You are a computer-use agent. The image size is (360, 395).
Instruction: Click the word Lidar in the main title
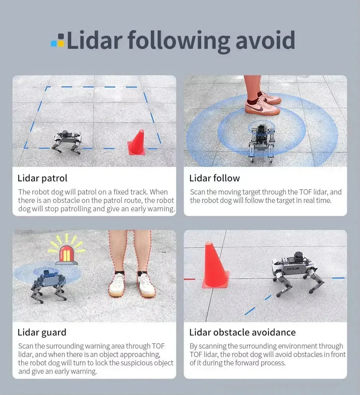click(95, 40)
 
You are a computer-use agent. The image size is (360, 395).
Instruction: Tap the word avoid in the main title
click(265, 40)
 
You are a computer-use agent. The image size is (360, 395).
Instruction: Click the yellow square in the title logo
click(61, 44)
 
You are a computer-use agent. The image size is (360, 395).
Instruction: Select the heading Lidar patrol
click(42, 178)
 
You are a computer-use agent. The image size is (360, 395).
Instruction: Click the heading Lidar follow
click(214, 178)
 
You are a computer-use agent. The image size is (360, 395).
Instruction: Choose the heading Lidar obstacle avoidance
click(242, 333)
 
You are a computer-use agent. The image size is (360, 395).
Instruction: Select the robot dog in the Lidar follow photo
click(261, 142)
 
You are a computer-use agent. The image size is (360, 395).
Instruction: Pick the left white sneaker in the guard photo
click(117, 285)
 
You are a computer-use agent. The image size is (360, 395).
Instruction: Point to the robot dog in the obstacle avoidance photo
click(293, 273)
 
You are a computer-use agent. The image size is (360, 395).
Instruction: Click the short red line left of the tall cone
click(189, 279)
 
